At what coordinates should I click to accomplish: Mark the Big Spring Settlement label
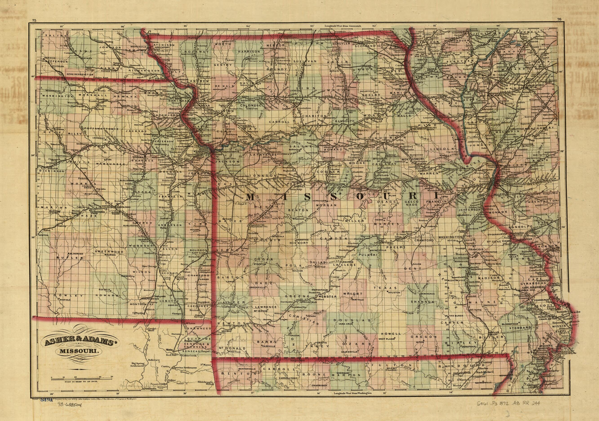pyautogui.click(x=138, y=364)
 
